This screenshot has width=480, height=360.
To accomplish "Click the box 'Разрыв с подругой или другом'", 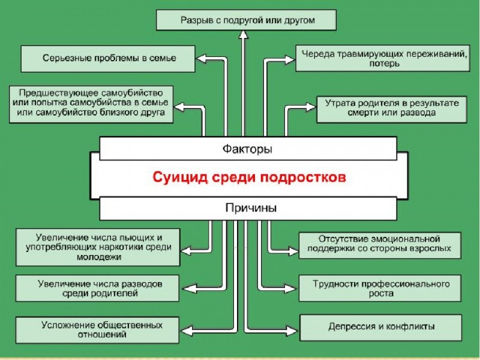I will click(x=246, y=20).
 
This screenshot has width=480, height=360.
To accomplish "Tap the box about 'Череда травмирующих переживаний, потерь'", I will click(x=382, y=58).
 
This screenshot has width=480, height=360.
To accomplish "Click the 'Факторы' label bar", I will click(x=247, y=148).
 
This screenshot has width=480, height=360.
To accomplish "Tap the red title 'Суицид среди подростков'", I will click(x=248, y=178).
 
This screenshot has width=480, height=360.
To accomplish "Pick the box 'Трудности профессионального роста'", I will click(x=382, y=288).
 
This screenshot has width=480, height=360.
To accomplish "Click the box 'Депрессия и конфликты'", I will click(x=382, y=328).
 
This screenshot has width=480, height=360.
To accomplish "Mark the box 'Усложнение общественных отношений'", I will click(x=98, y=330).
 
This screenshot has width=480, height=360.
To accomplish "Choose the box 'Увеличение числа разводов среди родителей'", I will click(x=97, y=288).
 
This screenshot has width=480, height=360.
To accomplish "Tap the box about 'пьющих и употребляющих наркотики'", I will click(x=98, y=247).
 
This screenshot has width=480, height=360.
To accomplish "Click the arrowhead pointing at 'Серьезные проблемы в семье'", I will click(x=200, y=59).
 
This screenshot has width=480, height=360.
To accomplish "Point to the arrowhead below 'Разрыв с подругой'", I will click(x=243, y=35).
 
